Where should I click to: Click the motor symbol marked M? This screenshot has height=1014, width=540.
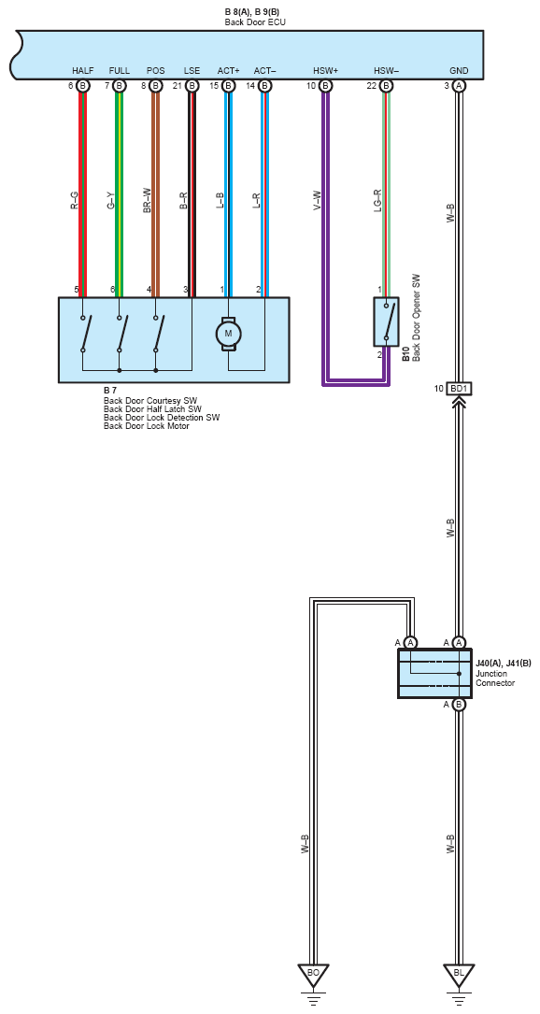point(228,334)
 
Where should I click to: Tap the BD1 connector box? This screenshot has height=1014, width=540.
point(459,390)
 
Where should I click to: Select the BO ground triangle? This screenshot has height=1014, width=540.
point(313,975)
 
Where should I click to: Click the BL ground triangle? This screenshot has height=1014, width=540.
point(459,975)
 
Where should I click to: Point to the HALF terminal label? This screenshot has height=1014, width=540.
point(83,70)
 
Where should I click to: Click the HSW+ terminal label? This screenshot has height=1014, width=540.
point(325,70)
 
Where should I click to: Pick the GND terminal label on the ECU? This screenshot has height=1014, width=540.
point(459,70)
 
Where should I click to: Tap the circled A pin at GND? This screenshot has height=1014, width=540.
point(459,85)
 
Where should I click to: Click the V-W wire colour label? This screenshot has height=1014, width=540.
point(317,201)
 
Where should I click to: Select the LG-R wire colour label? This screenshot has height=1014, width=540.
point(377,201)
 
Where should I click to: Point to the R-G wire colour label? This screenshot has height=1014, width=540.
point(75,201)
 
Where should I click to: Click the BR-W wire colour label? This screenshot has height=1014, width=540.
point(148,201)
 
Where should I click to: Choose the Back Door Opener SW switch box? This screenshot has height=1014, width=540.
point(386,322)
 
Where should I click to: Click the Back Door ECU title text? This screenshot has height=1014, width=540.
point(255,22)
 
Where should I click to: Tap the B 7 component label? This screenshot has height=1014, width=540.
point(109,392)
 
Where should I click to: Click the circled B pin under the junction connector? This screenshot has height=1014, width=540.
point(459,705)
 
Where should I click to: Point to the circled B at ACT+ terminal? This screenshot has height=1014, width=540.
point(228,85)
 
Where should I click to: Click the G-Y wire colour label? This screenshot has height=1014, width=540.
point(111,201)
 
